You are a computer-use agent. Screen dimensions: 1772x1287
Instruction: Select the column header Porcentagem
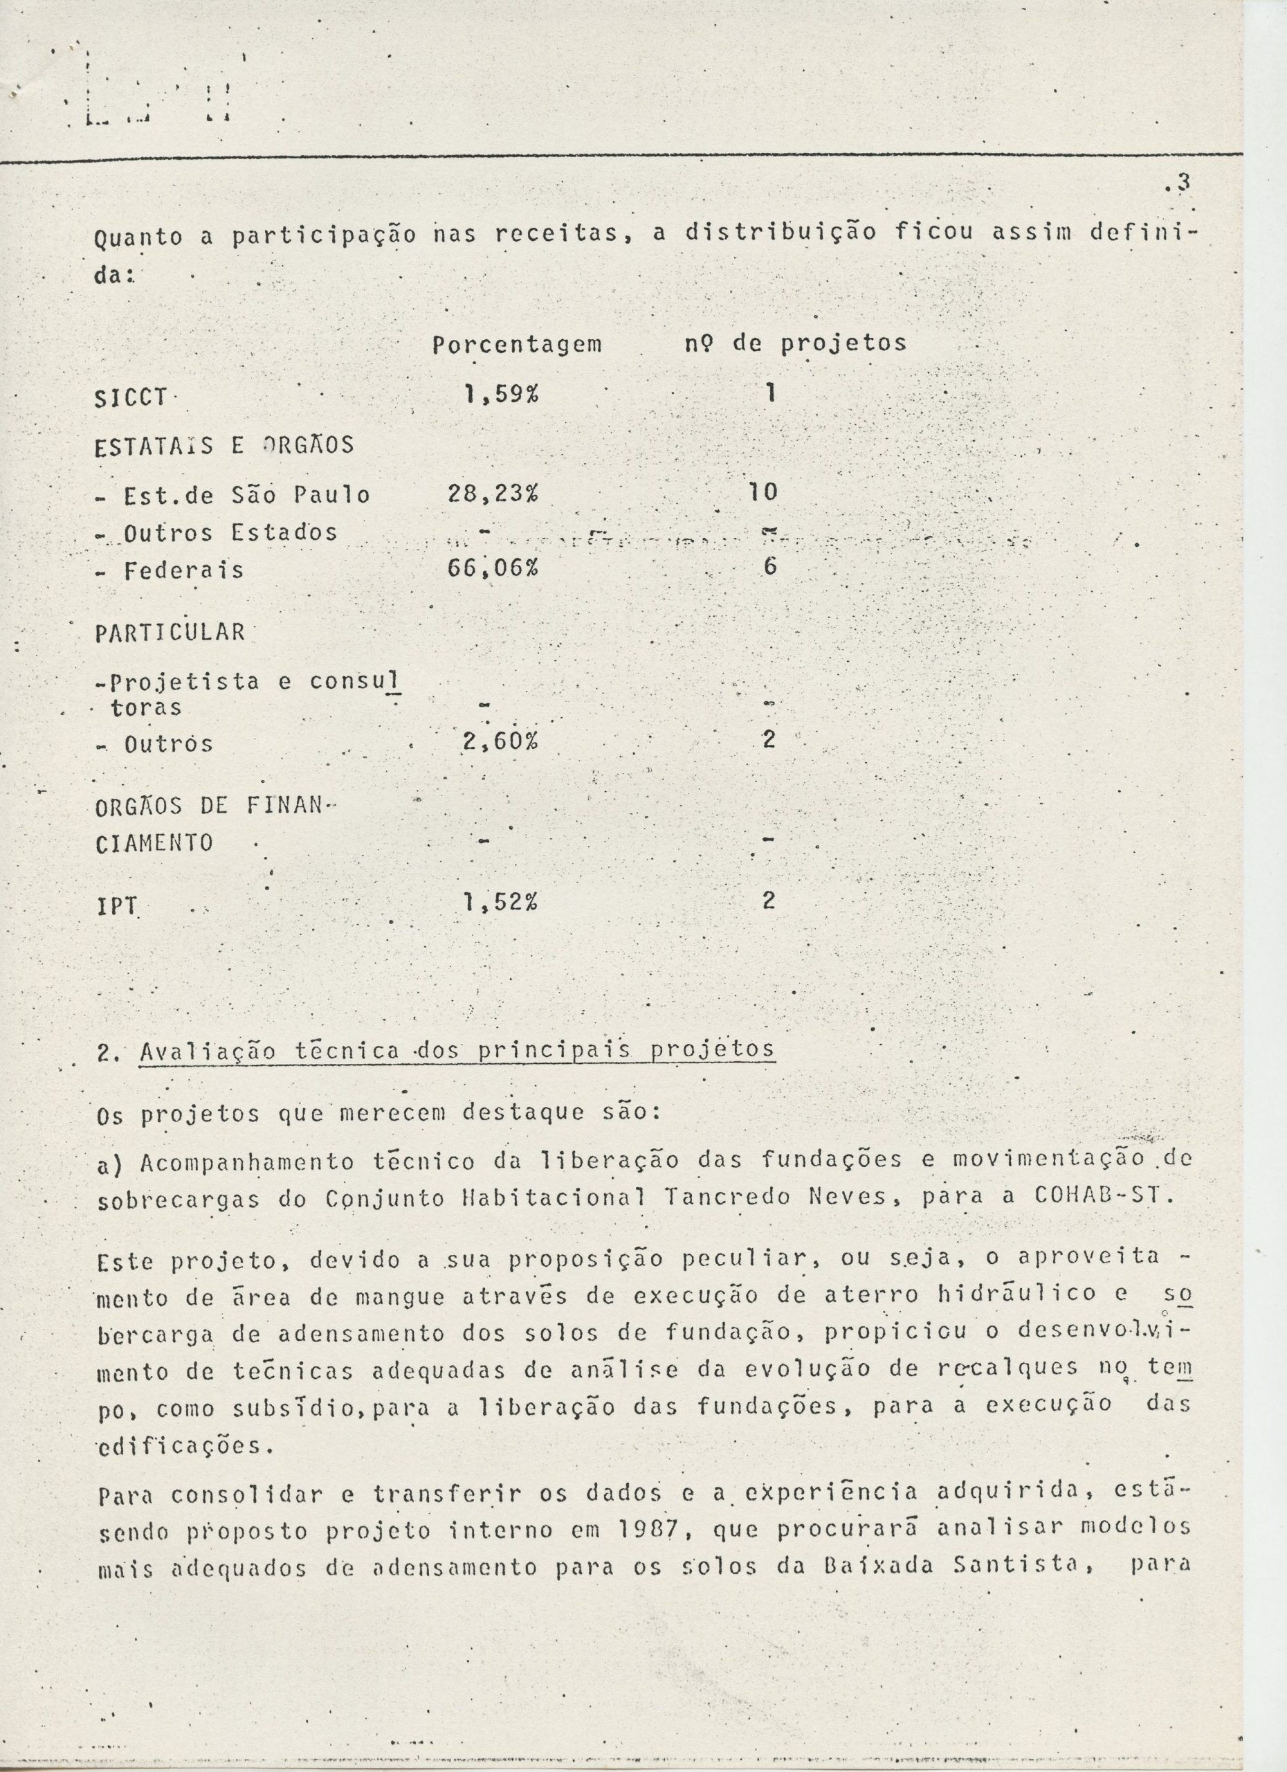point(517,344)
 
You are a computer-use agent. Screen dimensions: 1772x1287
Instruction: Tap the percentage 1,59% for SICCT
point(500,395)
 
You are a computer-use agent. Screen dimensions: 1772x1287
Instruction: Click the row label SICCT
point(130,399)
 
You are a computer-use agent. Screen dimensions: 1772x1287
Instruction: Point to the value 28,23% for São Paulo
point(493,494)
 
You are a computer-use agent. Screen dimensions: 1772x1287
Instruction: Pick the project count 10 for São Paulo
point(763,492)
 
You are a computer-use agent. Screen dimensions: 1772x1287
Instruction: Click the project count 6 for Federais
point(770,567)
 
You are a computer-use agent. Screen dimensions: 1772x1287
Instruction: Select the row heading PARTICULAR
point(170,632)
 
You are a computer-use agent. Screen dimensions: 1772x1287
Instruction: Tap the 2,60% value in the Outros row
point(499,741)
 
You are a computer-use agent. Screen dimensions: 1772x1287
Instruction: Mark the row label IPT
point(116,906)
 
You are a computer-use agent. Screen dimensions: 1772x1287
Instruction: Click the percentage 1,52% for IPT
point(500,903)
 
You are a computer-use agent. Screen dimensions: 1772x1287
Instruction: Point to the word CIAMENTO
point(154,844)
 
